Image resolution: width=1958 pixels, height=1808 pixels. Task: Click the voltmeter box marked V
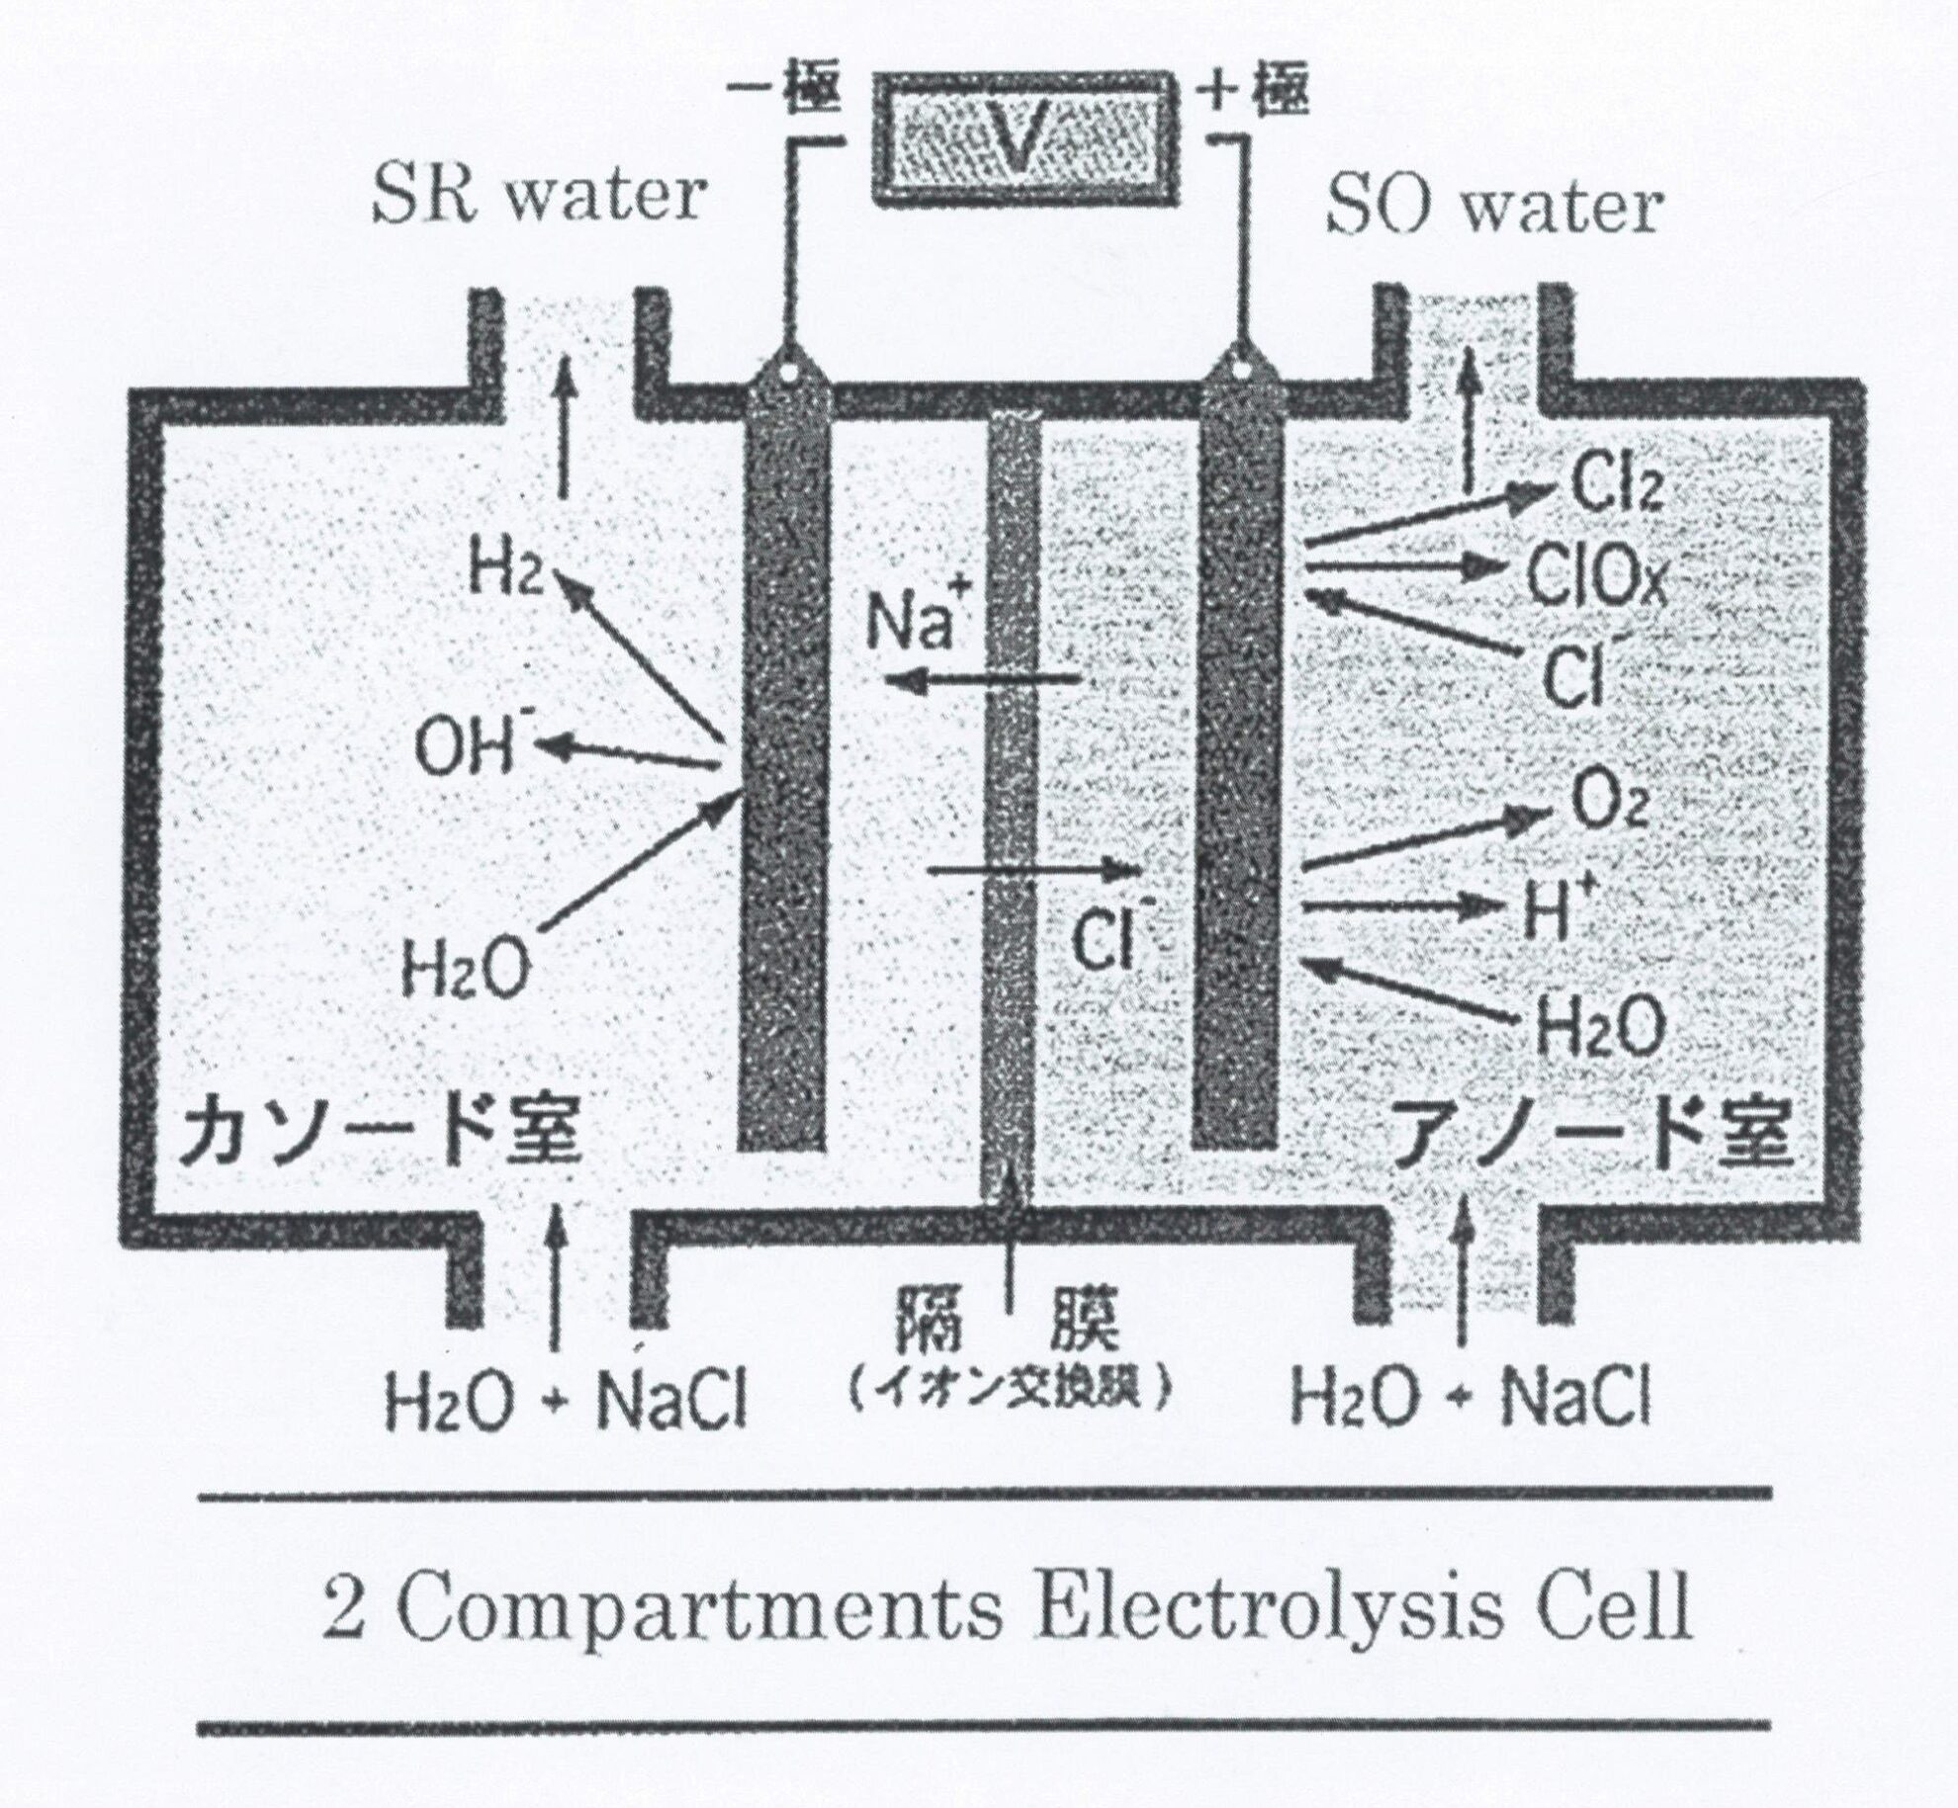tap(1024, 137)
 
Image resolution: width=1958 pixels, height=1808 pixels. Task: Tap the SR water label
tap(538, 196)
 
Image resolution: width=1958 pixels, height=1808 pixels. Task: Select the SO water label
tap(1493, 209)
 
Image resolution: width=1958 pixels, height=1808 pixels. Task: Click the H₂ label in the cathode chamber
tap(505, 570)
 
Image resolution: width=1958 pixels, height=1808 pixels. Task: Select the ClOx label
tap(1596, 576)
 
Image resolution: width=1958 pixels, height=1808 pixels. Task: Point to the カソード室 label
tap(378, 1134)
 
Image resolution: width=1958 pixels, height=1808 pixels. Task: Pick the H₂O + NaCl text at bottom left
tap(564, 1400)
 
